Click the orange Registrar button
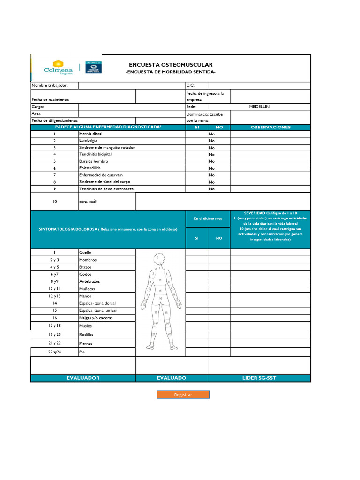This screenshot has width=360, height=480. tap(183, 395)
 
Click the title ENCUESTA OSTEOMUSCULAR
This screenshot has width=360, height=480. tap(171, 65)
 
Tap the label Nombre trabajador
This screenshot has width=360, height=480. tap(50, 85)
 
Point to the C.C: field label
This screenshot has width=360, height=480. tap(190, 85)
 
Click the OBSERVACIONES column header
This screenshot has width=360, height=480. tap(270, 127)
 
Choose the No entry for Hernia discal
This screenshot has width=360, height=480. tap(212, 134)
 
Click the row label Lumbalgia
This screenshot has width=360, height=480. tap(88, 140)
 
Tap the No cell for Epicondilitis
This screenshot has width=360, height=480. tap(212, 168)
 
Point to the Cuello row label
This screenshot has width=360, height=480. tap(85, 252)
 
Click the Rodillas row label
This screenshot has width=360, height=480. tap(86, 335)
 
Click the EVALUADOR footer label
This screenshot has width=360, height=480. tap(83, 378)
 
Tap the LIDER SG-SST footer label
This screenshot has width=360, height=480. tap(259, 378)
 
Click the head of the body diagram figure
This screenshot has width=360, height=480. tap(158, 258)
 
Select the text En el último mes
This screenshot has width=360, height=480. tap(208, 219)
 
